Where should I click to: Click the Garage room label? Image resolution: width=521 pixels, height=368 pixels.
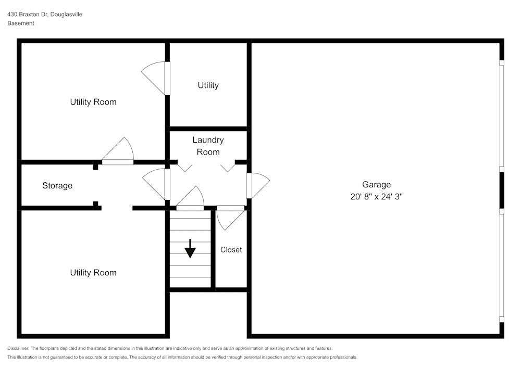376,184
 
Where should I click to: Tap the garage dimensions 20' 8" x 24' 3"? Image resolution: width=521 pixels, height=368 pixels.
376,197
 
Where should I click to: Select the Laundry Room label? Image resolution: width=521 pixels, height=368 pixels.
208,146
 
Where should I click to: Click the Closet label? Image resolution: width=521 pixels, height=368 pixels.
231,250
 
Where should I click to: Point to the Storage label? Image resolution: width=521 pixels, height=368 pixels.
57,186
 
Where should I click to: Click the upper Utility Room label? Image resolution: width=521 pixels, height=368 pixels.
93,102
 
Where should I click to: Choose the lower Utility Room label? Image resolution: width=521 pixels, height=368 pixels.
93,273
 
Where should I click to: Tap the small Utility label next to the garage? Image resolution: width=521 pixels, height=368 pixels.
208,85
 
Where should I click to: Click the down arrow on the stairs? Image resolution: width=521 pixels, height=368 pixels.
190,249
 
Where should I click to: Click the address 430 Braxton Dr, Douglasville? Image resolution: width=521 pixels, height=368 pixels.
45,15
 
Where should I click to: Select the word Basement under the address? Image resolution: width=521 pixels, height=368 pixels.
21,23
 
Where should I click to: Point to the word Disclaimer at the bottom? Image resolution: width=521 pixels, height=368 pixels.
19,348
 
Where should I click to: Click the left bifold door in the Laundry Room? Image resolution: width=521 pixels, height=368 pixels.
184,168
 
